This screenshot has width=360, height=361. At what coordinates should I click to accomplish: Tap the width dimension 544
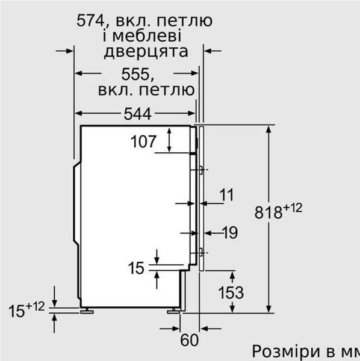coord(138,113)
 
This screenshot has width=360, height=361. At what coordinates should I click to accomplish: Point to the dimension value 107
coord(143,143)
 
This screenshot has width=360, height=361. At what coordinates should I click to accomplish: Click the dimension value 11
coord(226,194)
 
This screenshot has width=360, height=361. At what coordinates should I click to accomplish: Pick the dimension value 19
coord(229,232)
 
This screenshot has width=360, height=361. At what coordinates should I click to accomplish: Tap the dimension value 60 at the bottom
coord(189,340)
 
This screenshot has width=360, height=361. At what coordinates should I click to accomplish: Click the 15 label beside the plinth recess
coord(137,268)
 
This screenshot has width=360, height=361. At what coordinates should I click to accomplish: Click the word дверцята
coord(146,51)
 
